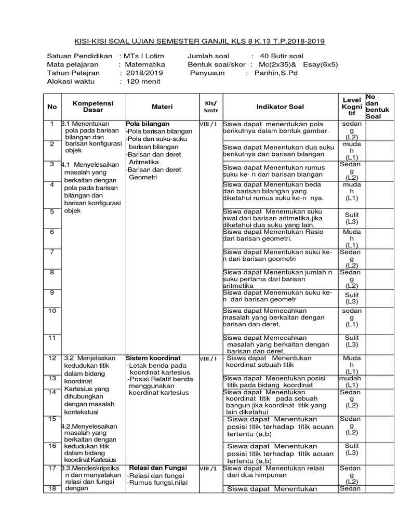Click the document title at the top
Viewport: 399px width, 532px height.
point(199,41)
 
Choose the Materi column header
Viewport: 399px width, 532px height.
point(162,107)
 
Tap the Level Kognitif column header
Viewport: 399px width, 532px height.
point(352,106)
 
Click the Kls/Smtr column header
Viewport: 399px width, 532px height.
point(210,107)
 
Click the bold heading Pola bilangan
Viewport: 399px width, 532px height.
point(148,124)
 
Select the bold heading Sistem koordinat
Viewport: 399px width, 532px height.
point(153,358)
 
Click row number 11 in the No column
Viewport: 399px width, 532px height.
point(52,338)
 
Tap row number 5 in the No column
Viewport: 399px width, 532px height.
point(52,211)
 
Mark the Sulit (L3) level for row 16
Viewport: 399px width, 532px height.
point(352,449)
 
